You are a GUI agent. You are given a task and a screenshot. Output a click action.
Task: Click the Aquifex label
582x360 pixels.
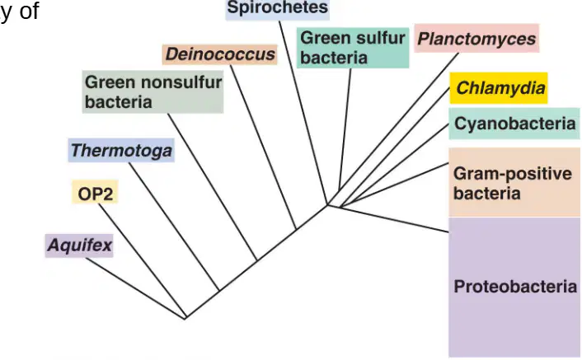pos(79,245)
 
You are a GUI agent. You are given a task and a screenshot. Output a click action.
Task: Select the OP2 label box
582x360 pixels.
pos(95,192)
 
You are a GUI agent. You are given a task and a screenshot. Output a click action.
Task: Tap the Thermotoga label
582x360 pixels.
pos(121,151)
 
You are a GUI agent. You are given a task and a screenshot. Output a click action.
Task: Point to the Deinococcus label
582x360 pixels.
pos(220,54)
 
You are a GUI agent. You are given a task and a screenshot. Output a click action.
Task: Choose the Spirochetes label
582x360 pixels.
pos(278,8)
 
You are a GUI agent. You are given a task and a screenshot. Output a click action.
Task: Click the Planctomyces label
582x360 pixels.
pos(476,39)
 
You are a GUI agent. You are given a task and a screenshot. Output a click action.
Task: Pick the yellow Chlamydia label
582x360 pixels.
pos(499,88)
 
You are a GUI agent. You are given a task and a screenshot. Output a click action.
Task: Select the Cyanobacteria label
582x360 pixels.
pos(514,124)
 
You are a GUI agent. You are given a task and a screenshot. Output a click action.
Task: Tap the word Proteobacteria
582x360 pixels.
pos(515,287)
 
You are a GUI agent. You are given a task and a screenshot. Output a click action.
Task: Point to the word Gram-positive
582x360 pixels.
pos(513,174)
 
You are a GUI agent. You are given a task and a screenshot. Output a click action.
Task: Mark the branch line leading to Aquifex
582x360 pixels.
pos(135,288)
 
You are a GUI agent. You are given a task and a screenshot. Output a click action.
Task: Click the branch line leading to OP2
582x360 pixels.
pos(142,261)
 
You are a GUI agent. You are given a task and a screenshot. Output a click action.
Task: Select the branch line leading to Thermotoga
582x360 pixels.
pos(174,227)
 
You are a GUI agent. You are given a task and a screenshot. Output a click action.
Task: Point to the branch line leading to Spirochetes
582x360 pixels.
pos(303,113)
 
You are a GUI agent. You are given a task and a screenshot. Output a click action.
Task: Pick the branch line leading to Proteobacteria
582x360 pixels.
pos(395,219)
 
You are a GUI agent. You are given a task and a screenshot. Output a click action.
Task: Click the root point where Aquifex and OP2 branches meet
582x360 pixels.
pos(185,318)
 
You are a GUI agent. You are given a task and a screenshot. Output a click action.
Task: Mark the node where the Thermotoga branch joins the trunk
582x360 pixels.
pos(219,290)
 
